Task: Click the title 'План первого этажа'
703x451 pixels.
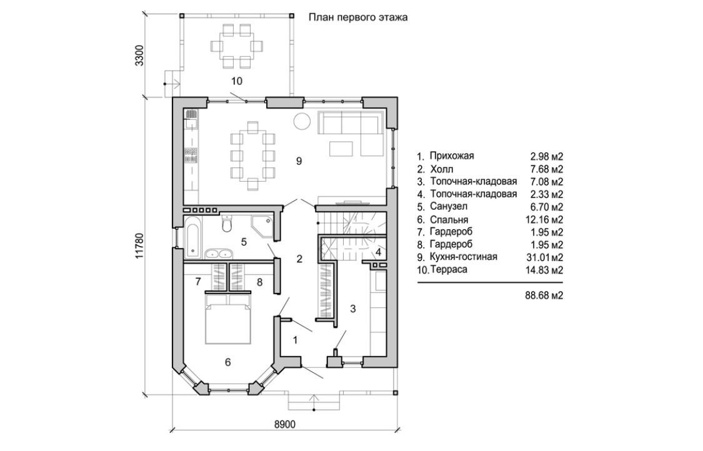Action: [x=357, y=17]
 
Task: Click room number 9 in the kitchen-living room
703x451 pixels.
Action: [x=299, y=161]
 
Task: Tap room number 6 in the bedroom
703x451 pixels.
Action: [x=228, y=362]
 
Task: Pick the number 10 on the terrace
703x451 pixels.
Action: [x=236, y=81]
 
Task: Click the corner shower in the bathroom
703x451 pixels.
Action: [x=264, y=225]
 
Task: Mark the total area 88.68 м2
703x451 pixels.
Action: [x=545, y=295]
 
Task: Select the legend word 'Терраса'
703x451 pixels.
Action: [x=448, y=269]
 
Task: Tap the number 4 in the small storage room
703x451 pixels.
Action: [x=378, y=252]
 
